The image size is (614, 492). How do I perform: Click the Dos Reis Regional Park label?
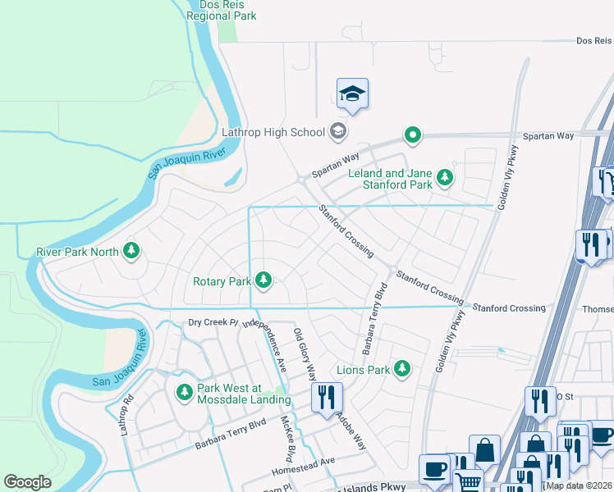pyautogui.click(x=222, y=10)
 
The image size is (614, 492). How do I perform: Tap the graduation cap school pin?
pyautogui.click(x=352, y=94)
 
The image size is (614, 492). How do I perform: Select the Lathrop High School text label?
pyautogui.click(x=274, y=131)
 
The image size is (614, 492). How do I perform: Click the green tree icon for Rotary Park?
pyautogui.click(x=263, y=281)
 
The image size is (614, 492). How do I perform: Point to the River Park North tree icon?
pyautogui.click(x=131, y=251)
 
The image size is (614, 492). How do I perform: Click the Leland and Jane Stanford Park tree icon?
pyautogui.click(x=444, y=177)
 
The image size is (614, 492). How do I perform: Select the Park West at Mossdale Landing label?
pyautogui.click(x=244, y=394)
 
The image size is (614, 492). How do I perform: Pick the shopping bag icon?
pyautogui.click(x=486, y=449)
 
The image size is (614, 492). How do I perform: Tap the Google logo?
pyautogui.click(x=28, y=482)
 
